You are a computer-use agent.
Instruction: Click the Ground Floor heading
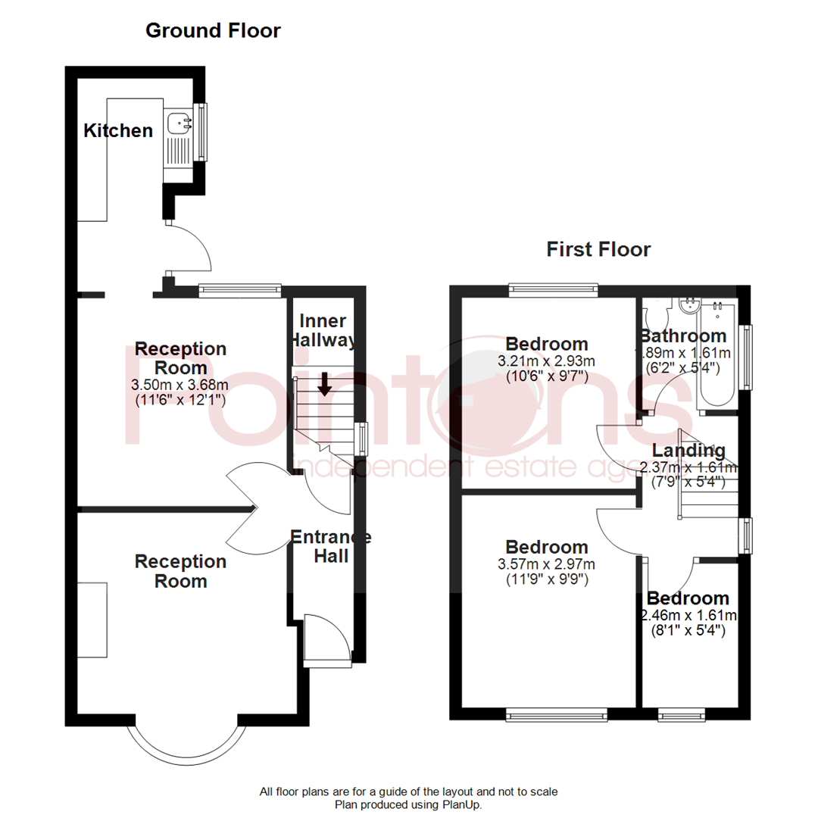(213, 31)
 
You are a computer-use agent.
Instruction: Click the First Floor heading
(598, 249)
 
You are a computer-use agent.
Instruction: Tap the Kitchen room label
(118, 130)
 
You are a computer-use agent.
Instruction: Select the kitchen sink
(180, 120)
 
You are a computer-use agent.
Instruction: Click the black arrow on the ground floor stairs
(324, 384)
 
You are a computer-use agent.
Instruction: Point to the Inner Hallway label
(323, 331)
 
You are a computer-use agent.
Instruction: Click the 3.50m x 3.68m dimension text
(180, 385)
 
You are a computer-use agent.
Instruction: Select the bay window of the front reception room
(187, 746)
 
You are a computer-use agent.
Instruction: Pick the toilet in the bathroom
(655, 312)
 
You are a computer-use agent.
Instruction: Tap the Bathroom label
(683, 336)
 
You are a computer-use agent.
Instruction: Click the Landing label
(682, 451)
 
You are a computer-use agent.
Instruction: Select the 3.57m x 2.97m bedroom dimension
(547, 564)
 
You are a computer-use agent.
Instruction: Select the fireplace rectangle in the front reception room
(92, 620)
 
